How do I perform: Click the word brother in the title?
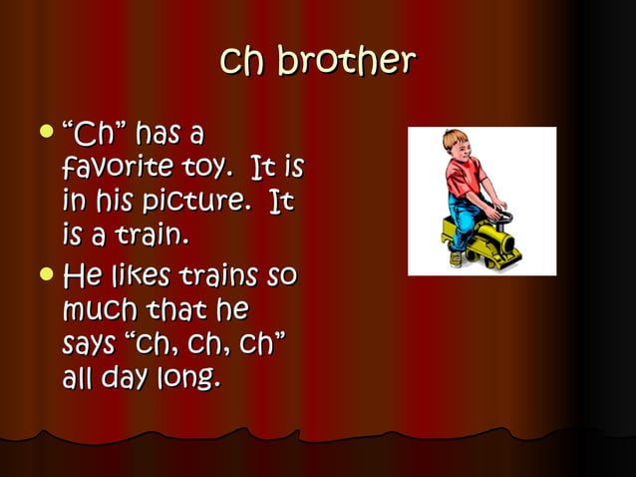346,62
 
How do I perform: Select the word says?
93,345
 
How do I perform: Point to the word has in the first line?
163,133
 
